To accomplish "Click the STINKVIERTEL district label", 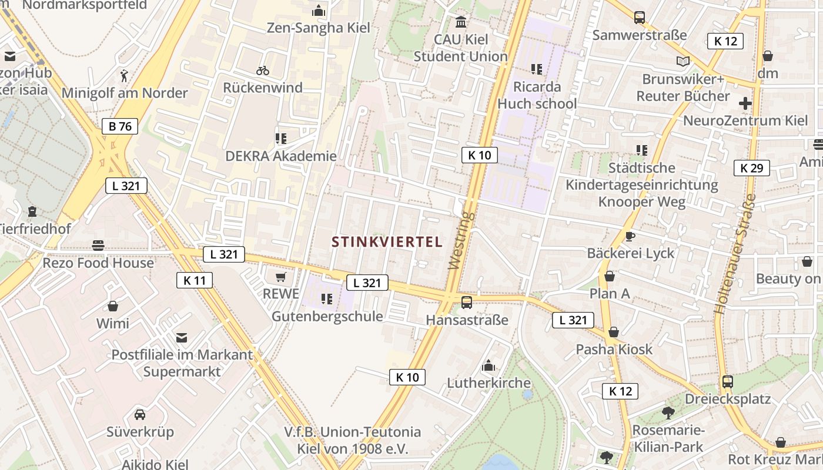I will (387, 241).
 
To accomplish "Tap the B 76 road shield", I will (120, 126).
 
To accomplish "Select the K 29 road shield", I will (752, 168).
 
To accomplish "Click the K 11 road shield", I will (195, 280).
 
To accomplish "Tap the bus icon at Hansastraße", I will (467, 303).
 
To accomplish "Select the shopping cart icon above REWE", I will (281, 276).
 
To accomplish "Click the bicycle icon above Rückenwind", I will (263, 70).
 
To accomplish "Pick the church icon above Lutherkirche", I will (489, 366).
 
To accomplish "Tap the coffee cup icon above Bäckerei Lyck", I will (630, 237).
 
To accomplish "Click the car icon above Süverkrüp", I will (140, 414).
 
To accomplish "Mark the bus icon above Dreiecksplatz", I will (728, 382).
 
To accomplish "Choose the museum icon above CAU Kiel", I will (461, 22).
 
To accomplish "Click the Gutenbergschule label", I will (327, 317).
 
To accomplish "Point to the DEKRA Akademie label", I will (281, 156).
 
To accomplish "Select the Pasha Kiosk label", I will (614, 350).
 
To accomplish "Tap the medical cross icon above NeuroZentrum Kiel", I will (745, 104).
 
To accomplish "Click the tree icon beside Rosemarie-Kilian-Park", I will (668, 413).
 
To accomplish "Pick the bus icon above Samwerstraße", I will (640, 18).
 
